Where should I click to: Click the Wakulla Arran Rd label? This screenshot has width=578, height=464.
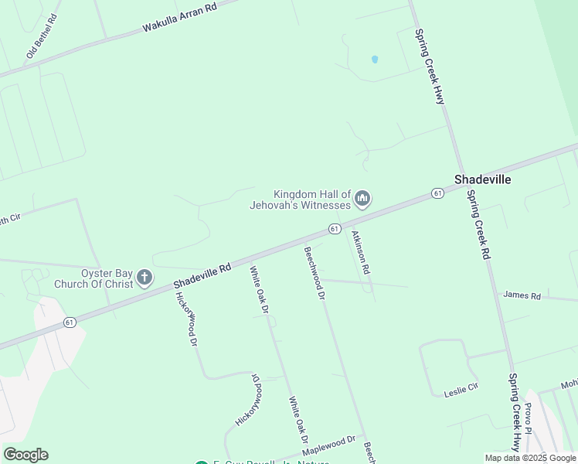(x=179, y=17)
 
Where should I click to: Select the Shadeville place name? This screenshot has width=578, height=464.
(x=482, y=179)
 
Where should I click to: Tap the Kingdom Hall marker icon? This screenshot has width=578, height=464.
(x=362, y=200)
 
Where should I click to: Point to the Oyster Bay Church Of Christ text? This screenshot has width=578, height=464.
(x=93, y=278)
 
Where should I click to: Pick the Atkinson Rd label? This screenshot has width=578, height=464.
(x=361, y=253)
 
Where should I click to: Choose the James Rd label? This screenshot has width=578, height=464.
(x=522, y=295)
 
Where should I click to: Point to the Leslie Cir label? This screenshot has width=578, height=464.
(x=462, y=392)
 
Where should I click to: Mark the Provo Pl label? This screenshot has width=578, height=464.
(x=529, y=418)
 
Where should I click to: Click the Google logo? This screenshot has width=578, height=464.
(x=25, y=455)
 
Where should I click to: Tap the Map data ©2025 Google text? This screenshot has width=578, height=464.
(x=530, y=458)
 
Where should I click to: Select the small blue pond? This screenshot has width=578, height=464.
(x=375, y=59)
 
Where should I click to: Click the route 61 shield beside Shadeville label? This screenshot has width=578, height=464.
(x=437, y=193)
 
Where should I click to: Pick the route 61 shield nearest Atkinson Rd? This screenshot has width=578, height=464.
(x=334, y=229)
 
